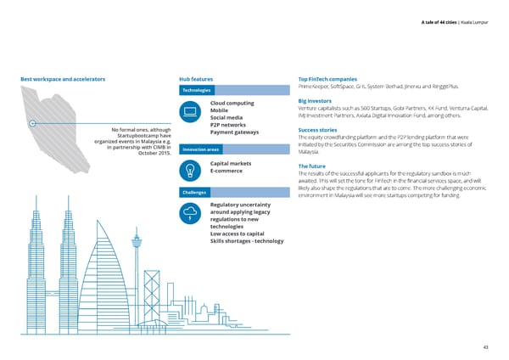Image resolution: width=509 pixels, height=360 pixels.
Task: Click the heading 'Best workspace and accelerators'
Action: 62,79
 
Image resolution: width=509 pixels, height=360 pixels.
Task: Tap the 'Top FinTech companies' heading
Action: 332,79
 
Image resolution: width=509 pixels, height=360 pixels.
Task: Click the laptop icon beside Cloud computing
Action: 191,111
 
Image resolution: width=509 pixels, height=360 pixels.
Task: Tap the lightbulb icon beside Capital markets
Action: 191,168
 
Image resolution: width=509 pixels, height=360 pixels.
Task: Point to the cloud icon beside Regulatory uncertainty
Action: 192,213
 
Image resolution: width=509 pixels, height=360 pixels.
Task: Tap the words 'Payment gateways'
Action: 233,132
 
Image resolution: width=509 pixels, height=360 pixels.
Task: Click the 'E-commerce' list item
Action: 227,172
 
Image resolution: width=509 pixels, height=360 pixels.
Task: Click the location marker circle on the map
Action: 31,124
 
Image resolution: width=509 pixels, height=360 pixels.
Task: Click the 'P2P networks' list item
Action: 227,124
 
